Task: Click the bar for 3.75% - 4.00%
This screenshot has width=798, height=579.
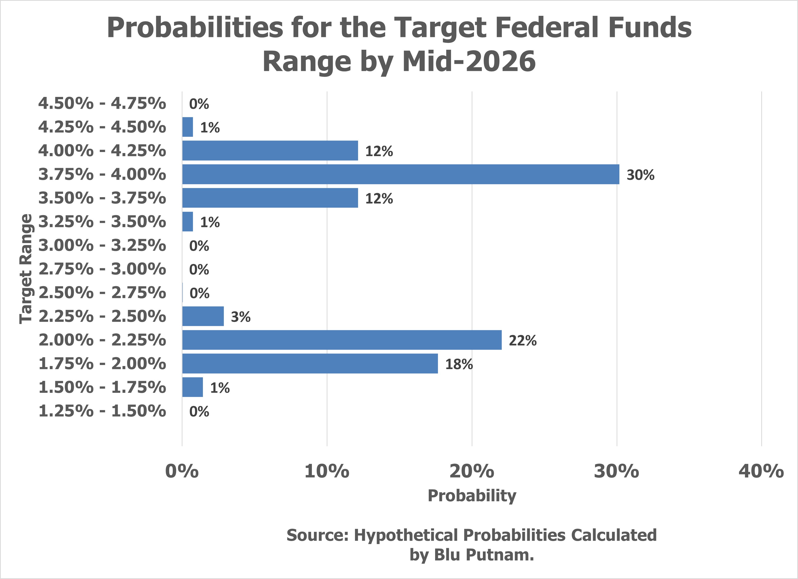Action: click(x=400, y=174)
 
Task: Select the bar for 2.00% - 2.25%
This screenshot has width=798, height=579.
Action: click(x=342, y=340)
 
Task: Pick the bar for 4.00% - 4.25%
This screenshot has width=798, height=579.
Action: click(x=270, y=150)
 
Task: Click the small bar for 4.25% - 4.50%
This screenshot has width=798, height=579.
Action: click(x=188, y=127)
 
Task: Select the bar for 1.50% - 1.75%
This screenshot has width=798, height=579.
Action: click(x=192, y=387)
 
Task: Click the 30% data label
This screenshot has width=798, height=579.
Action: click(x=640, y=175)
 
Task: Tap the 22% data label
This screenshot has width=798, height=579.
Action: click(x=522, y=341)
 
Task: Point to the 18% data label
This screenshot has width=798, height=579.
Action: click(x=459, y=364)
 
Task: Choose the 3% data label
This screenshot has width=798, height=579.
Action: click(x=241, y=317)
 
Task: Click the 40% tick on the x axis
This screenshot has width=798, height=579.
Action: click(x=761, y=471)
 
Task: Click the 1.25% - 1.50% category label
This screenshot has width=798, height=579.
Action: click(x=102, y=411)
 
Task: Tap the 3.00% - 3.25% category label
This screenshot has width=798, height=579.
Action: click(x=102, y=245)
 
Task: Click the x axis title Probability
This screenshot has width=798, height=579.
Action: click(x=472, y=496)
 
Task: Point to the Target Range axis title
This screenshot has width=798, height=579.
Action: click(x=26, y=269)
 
